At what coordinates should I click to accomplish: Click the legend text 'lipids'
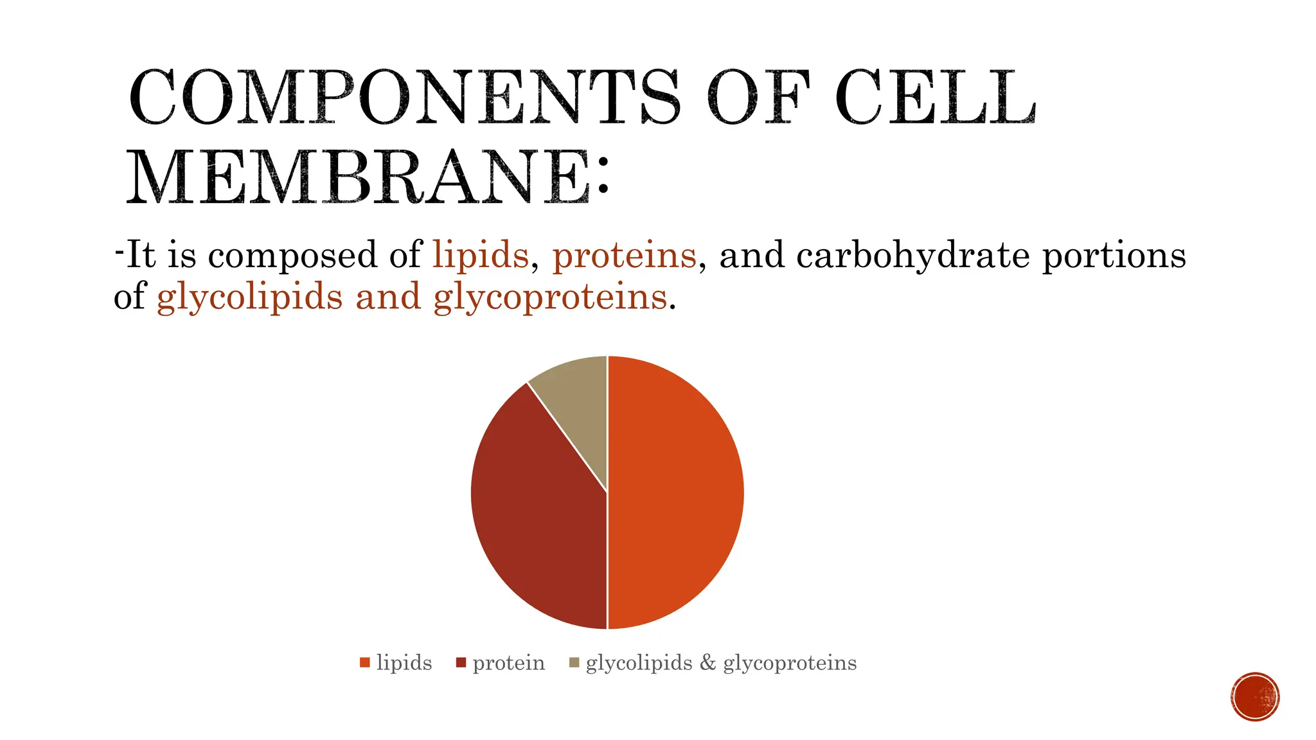click(404, 662)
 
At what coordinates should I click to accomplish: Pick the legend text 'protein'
click(508, 662)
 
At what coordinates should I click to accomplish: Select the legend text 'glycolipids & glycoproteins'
click(721, 662)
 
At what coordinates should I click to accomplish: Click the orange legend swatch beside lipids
click(365, 662)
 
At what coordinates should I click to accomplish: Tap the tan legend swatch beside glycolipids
click(574, 662)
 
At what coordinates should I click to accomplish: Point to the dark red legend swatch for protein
click(461, 662)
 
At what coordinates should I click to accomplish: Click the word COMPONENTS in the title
click(404, 98)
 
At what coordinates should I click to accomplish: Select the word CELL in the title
click(935, 98)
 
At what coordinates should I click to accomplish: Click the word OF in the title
click(757, 98)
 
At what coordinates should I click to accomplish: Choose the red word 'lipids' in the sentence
click(481, 255)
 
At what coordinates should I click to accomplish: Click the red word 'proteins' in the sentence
click(624, 255)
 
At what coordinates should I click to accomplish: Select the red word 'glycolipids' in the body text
click(249, 297)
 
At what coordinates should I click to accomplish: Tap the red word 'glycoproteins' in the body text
click(550, 297)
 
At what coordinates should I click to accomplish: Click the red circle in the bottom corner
click(1255, 696)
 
